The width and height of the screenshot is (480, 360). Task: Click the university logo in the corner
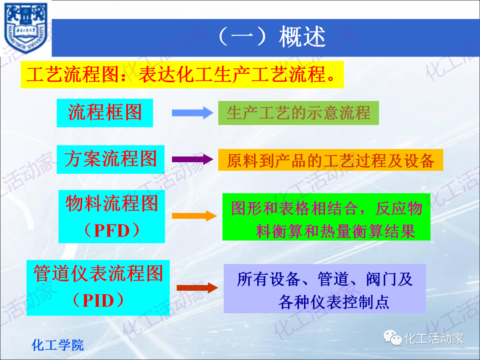coord(25,28)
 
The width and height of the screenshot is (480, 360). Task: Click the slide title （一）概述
coord(272,37)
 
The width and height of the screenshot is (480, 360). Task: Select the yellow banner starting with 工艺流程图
coord(182,75)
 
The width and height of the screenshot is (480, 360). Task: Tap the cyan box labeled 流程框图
coord(105,112)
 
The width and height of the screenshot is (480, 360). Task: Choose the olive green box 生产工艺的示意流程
coord(298,113)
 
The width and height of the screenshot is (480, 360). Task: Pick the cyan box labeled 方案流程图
coord(111,159)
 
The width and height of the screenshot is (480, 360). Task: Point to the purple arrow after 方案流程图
coord(192,160)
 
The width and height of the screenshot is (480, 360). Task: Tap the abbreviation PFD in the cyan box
coord(112,231)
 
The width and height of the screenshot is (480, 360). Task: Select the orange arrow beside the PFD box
coord(194,216)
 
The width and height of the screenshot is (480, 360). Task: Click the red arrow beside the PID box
coord(197,288)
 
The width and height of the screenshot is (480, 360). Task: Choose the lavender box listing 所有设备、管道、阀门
coord(325,289)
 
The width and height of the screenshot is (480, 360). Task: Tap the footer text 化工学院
coord(58,345)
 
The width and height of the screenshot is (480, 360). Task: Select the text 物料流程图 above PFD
coord(112,204)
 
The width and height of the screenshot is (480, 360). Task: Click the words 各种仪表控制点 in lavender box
coord(334,302)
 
